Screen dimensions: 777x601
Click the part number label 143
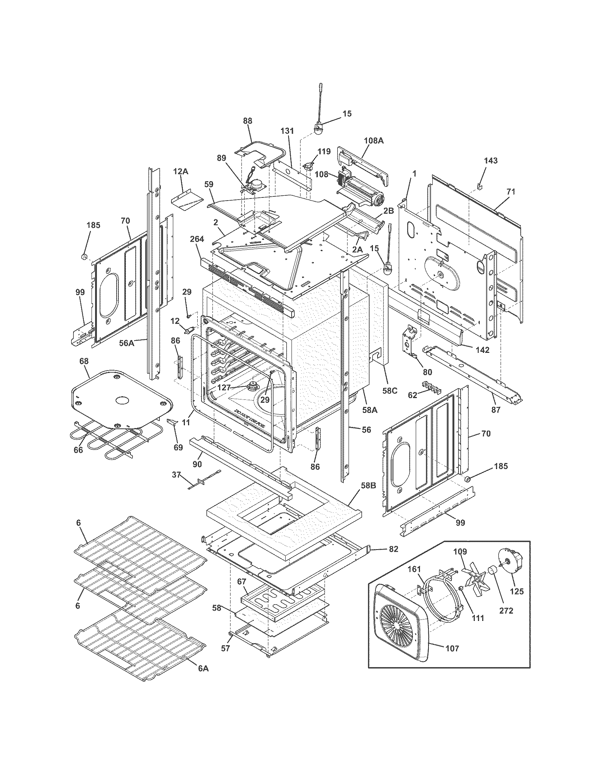point(491,161)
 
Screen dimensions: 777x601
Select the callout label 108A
point(374,141)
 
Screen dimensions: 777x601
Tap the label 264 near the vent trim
point(197,239)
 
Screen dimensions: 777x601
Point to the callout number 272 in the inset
point(506,611)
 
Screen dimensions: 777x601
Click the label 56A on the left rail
point(127,343)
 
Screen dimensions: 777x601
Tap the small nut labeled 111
point(460,588)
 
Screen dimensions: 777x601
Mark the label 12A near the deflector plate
point(181,172)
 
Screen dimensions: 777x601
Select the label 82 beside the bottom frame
point(393,549)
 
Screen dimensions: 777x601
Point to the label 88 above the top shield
point(247,121)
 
